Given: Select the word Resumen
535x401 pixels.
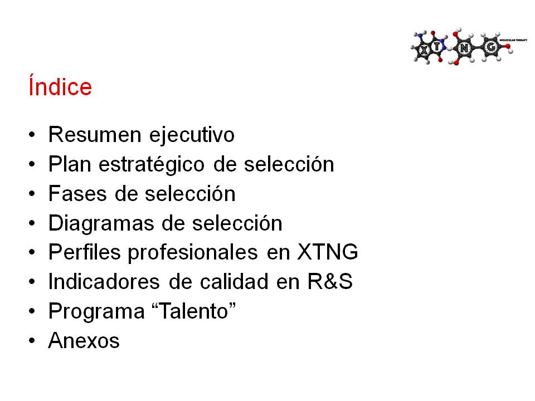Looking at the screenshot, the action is pos(95,134).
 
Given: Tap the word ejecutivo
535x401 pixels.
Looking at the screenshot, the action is pos(192,135).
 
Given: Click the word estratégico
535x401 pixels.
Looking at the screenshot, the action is pos(152,165).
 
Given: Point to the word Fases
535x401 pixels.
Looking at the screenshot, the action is pos(77,194).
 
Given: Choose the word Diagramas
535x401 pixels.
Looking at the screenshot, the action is pos(101,224).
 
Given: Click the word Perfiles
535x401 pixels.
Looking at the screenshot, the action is pos(85,252).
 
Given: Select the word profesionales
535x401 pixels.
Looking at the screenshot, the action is pos(193,253).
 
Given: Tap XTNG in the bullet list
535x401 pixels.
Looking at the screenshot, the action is pos(328,252).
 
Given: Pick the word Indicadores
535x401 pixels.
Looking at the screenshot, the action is pos(104,282).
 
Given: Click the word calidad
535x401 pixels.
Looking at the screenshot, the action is pos(234,282).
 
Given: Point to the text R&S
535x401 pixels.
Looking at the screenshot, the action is pos(330,282).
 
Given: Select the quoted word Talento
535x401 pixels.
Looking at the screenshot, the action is pos(193,311).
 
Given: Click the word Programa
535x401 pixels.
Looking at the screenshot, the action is pos(96,312).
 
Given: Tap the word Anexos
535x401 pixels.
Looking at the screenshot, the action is pos(84,341).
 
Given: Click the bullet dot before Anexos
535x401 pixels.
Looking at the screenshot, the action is pos(32,341).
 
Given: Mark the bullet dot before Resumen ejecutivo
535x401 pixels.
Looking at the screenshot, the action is pos(32,134).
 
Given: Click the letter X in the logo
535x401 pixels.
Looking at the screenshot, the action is pos(424,51).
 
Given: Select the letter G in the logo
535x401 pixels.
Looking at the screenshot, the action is pos(491,47).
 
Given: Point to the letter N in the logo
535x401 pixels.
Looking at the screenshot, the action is pos(464,49).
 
